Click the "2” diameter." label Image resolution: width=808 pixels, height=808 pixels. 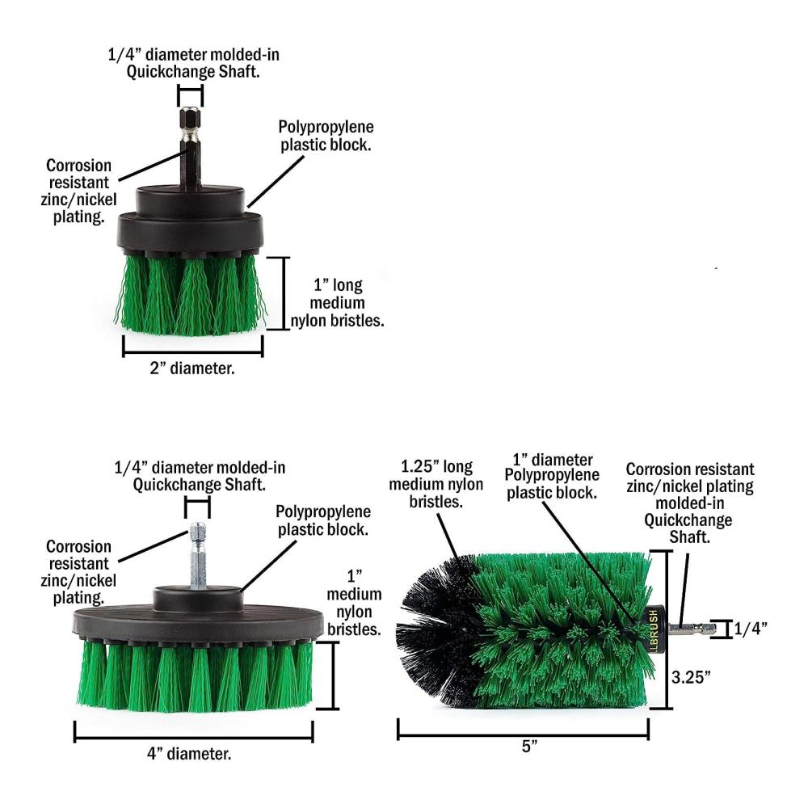click(192, 368)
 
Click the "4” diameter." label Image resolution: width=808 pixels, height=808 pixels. click(189, 754)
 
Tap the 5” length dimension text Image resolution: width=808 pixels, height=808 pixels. click(530, 746)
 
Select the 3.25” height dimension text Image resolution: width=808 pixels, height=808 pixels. click(691, 677)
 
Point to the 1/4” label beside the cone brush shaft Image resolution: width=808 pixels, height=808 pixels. click(751, 629)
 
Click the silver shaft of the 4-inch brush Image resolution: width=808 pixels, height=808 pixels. click(198, 556)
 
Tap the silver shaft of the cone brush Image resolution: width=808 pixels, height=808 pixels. click(692, 628)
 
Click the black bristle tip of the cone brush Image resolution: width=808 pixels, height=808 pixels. click(438, 629)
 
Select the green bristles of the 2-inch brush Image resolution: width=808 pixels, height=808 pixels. click(191, 295)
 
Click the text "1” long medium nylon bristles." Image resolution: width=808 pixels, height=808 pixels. click(338, 303)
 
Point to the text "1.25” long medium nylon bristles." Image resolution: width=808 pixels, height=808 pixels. click(436, 484)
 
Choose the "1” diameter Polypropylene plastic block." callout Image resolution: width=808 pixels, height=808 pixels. click(552, 476)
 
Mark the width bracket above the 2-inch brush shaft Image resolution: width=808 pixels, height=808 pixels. click(190, 96)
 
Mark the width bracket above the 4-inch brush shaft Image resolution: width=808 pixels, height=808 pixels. click(197, 508)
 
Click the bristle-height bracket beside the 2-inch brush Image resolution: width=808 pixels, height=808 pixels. click(283, 293)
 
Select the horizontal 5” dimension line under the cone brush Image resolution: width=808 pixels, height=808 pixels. click(523, 735)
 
